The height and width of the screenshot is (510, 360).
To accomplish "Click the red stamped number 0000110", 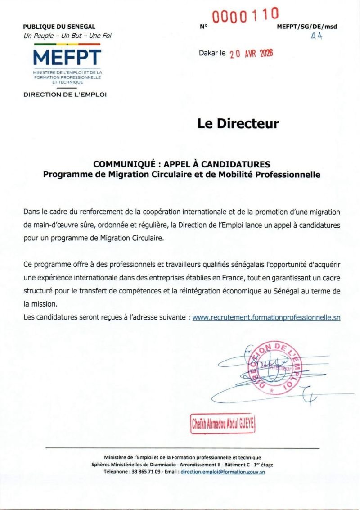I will click(x=246, y=16).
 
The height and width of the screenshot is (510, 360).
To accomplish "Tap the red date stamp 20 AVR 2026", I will click(x=252, y=54).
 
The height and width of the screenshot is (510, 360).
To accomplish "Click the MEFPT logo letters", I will click(x=67, y=58).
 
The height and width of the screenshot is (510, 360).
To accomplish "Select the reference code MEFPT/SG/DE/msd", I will click(x=307, y=27).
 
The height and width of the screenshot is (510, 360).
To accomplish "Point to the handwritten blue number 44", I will click(x=317, y=37).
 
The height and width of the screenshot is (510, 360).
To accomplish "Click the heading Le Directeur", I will click(x=238, y=124).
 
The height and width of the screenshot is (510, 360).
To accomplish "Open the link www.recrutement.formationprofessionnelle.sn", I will click(x=266, y=317).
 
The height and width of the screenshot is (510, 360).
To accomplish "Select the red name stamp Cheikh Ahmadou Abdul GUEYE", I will click(x=223, y=424).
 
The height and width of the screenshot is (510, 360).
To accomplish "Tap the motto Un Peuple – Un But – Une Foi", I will click(x=67, y=35).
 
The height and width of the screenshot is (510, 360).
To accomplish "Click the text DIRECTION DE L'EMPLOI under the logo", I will click(x=65, y=94).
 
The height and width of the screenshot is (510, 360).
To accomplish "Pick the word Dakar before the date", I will click(x=209, y=53).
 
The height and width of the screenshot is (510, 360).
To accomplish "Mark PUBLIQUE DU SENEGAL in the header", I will click(x=59, y=27).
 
